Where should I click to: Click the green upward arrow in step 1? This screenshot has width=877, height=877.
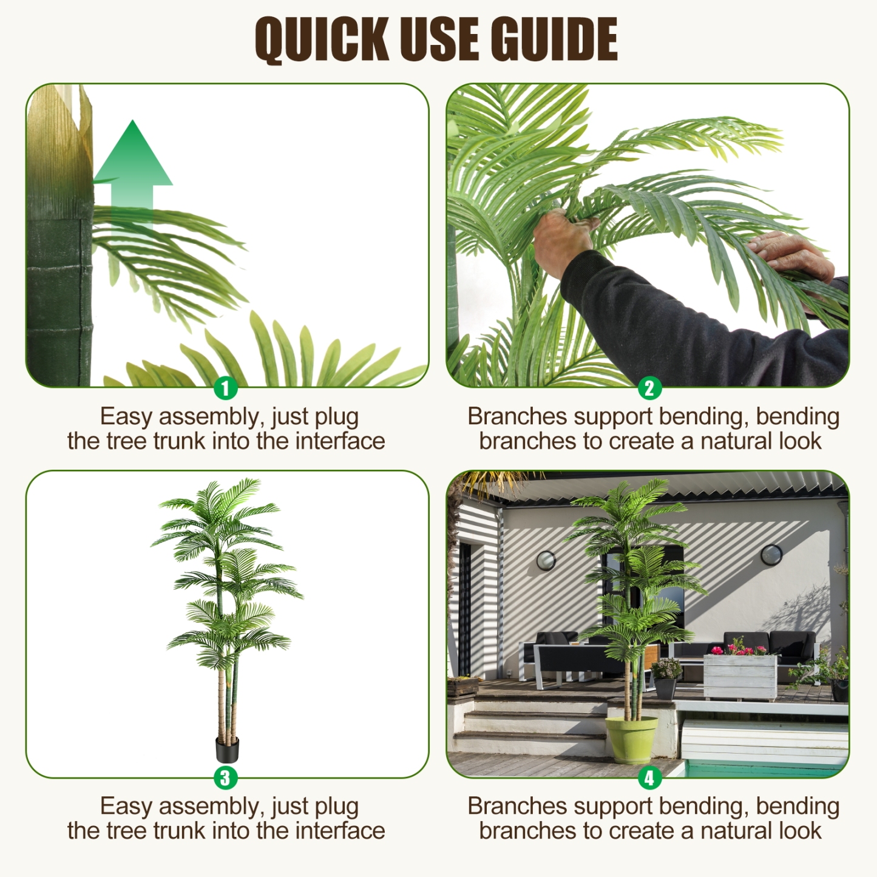133,170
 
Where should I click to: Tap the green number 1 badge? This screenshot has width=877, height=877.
225,388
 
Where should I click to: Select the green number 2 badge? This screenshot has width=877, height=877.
649,388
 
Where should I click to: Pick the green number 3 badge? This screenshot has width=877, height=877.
225,777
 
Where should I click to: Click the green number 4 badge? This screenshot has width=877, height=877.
649,777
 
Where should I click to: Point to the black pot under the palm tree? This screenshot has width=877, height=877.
228,750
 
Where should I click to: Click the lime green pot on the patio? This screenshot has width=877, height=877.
631,739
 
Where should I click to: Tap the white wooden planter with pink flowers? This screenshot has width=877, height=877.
740,676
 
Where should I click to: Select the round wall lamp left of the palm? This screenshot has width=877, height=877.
546,560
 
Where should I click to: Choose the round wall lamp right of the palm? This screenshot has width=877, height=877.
771,554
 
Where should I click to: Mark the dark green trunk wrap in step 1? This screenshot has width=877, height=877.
59,297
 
